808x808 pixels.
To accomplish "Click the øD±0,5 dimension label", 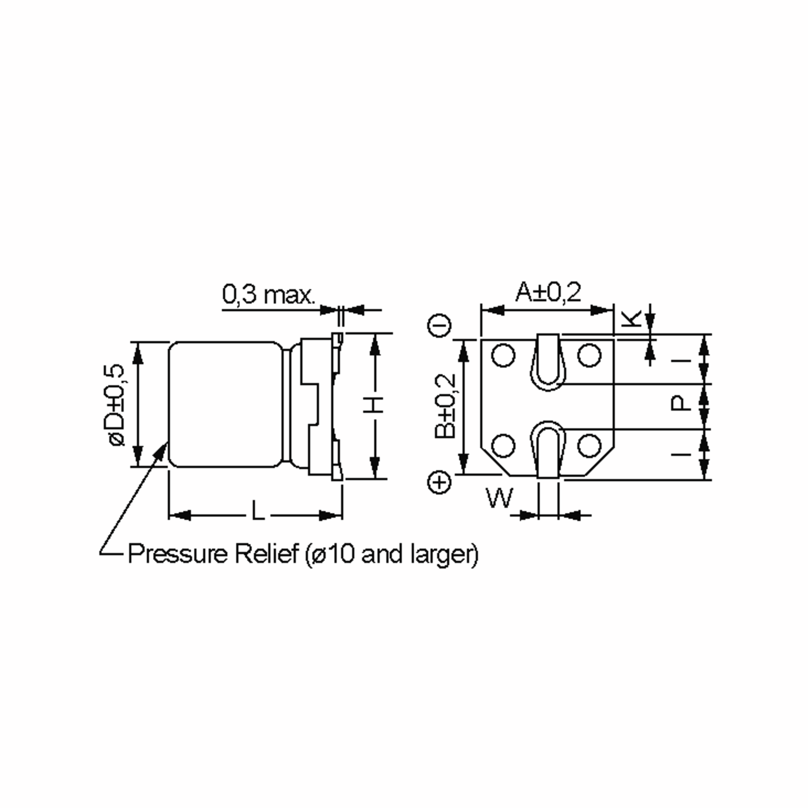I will [x=117, y=405].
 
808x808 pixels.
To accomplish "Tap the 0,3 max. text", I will [x=269, y=295].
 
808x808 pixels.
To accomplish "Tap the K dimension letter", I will [x=631, y=319].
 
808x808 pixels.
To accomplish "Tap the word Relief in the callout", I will [x=266, y=554].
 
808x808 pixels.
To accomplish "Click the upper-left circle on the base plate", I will [x=503, y=356].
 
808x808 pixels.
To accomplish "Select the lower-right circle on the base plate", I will [x=589, y=445].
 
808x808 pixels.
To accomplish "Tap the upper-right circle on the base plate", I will [x=589, y=356].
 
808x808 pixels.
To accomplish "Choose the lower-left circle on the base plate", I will [x=503, y=446].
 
